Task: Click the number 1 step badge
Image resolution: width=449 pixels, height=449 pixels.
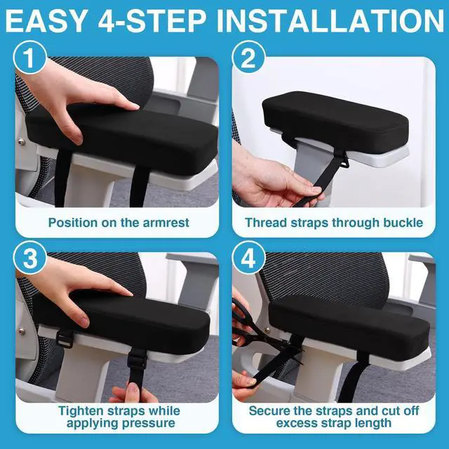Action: pos(29,58)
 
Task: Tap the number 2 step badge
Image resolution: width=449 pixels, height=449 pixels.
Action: pos(248,58)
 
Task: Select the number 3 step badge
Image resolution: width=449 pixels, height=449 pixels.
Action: pos(29,257)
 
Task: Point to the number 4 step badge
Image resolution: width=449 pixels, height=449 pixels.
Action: pos(248,257)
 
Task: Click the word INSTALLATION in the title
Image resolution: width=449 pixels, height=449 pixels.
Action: pos(330,21)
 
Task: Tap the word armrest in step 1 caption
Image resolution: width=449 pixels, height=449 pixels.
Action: pos(166,222)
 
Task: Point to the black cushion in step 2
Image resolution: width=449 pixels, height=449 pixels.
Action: pos(335,120)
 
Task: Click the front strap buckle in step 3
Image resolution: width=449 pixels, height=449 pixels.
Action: pos(137,360)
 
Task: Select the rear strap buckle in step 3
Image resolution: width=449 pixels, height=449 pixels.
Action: pos(64,338)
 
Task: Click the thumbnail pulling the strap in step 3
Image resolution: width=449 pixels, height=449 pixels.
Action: pos(133,389)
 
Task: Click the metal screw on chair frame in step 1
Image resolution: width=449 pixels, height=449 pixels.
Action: pos(22,141)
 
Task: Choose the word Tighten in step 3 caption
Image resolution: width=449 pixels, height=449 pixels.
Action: pos(81,411)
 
